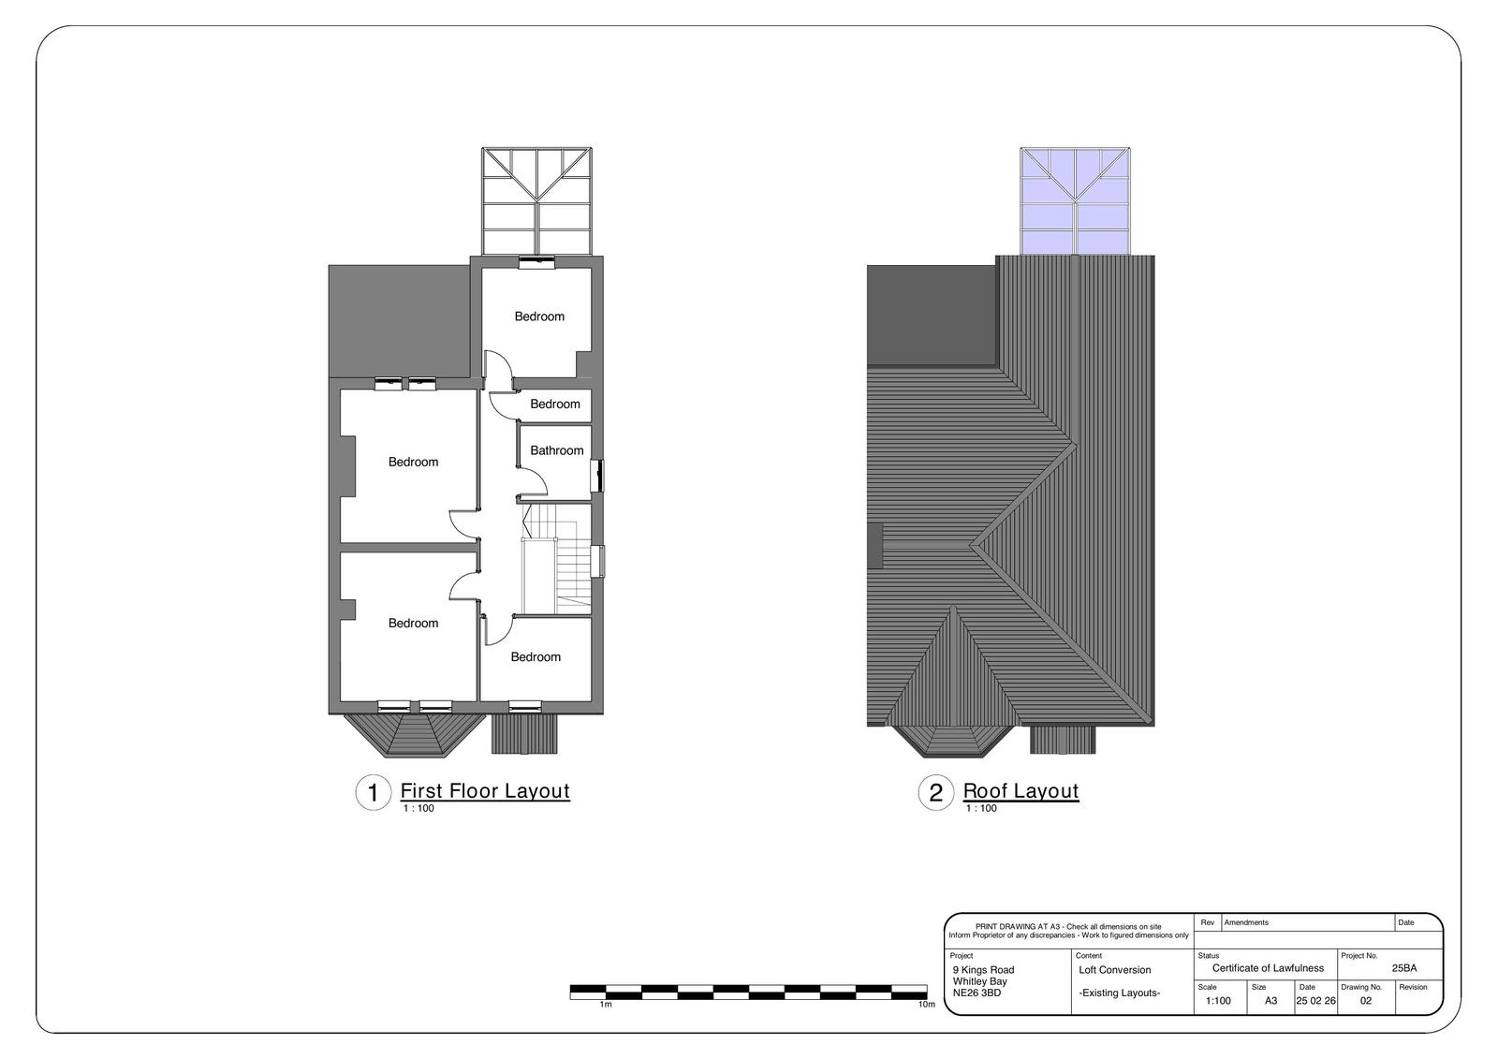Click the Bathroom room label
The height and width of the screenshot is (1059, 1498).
point(556,450)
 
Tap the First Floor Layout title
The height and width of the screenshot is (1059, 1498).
point(485,790)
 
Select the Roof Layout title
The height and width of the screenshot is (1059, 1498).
point(1021,790)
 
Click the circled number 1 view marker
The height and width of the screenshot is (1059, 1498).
point(374,793)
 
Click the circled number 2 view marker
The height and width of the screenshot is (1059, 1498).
point(935,793)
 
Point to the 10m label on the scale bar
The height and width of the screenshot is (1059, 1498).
point(926,1004)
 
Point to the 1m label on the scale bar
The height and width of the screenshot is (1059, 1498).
point(605,1004)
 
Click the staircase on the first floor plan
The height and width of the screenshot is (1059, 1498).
point(556,559)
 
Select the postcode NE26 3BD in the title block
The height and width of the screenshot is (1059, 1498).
point(977,993)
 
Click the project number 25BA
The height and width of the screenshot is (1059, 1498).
point(1404,968)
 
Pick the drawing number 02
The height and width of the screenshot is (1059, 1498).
point(1366,1001)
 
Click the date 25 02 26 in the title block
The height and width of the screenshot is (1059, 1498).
point(1315,1001)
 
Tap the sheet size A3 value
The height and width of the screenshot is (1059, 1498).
point(1270,1001)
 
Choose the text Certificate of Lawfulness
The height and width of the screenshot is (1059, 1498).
point(1268,968)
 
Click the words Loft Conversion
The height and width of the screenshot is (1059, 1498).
point(1115,970)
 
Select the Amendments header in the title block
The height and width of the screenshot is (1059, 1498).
point(1246,922)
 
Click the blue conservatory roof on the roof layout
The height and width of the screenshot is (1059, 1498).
point(1075,201)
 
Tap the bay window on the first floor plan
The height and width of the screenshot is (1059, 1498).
point(415,735)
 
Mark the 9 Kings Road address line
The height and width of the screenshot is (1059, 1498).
point(983,970)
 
